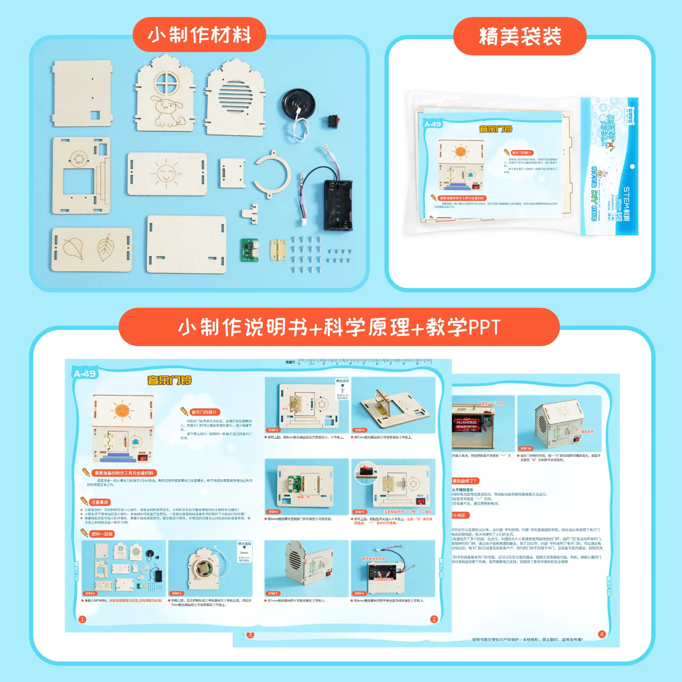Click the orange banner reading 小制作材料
[199, 35]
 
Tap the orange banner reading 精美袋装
[520, 36]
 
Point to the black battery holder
[338, 205]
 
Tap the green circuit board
[249, 250]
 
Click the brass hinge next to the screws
[277, 250]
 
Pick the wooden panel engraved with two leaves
[92, 249]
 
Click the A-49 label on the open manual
[85, 374]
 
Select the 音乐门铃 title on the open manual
[169, 380]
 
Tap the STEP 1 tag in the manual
[90, 593]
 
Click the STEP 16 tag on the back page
[526, 448]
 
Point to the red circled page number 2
[434, 619]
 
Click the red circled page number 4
[602, 634]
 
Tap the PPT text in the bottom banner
[484, 327]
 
